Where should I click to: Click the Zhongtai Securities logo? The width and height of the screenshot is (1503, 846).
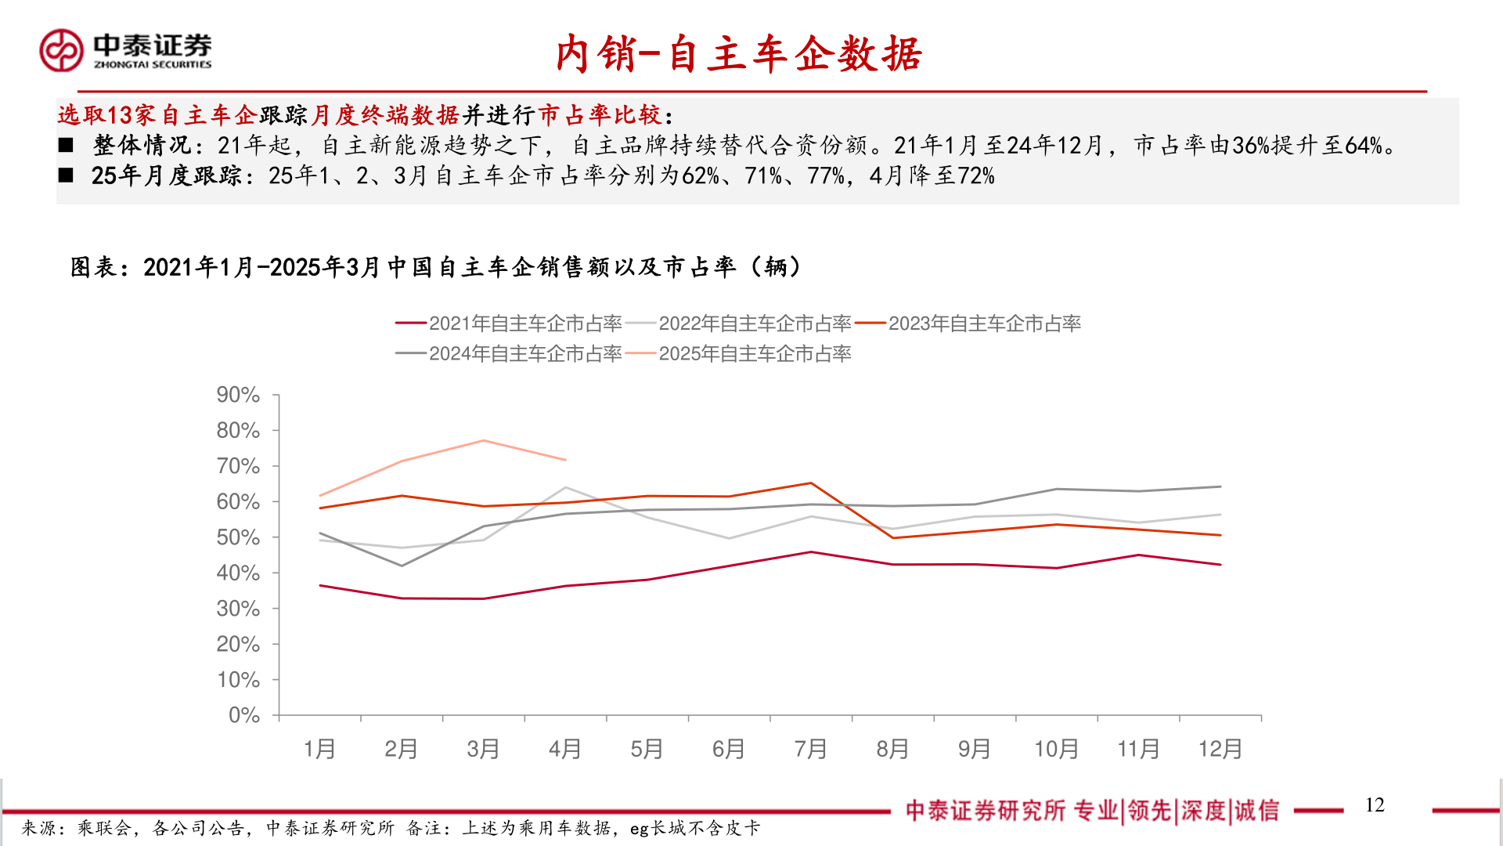point(125,51)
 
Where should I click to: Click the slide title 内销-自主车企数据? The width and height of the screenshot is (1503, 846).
point(739,55)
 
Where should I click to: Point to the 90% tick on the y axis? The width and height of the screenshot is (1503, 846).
point(238,395)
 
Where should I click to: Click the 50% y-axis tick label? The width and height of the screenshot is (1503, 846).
point(238,537)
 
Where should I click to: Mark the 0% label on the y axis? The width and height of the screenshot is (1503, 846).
point(243,715)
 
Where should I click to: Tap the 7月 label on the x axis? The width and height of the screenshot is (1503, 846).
point(810,750)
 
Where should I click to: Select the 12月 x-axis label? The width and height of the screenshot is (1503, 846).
point(1220,750)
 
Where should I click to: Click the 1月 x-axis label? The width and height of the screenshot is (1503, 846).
point(319,750)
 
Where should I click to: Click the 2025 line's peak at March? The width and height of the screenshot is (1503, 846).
point(484,440)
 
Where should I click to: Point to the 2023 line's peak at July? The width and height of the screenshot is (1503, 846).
point(811,483)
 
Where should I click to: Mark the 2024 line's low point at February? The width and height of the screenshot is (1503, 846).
point(402,566)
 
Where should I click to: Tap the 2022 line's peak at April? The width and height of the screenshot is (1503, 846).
point(565,487)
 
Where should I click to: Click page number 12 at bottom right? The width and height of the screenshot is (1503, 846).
point(1375,805)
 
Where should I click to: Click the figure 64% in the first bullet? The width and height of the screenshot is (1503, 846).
point(1363,146)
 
